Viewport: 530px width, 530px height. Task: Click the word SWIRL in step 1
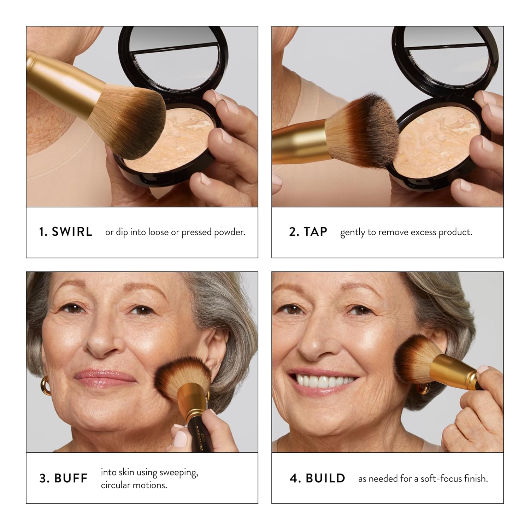click(x=72, y=232)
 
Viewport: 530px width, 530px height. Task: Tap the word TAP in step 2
click(x=315, y=232)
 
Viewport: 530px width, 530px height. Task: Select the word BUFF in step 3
click(x=71, y=478)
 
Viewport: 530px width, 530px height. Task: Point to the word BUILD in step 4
click(x=325, y=478)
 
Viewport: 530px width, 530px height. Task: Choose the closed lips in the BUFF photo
click(x=105, y=376)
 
